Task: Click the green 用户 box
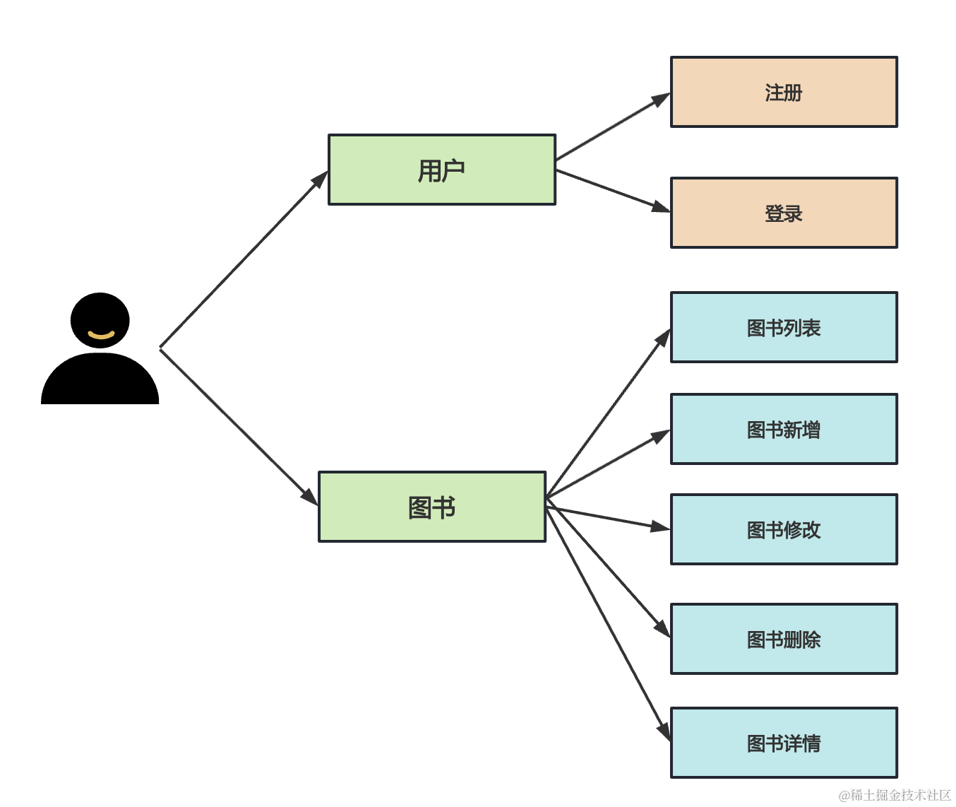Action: point(442,170)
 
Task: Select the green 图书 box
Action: point(432,507)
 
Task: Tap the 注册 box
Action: point(784,92)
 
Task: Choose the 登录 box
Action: point(784,213)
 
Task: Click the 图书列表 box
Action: point(784,327)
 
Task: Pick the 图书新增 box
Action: point(784,429)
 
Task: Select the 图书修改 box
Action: point(784,529)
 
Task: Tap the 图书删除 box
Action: point(784,639)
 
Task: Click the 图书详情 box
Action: point(784,743)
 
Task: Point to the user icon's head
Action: point(100,311)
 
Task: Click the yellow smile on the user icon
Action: point(101,334)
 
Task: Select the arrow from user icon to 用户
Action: point(244,259)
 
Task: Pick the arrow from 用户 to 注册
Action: point(612,127)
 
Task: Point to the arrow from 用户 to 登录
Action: point(612,190)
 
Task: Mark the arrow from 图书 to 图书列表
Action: point(608,413)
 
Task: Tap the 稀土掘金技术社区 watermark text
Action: point(895,795)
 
